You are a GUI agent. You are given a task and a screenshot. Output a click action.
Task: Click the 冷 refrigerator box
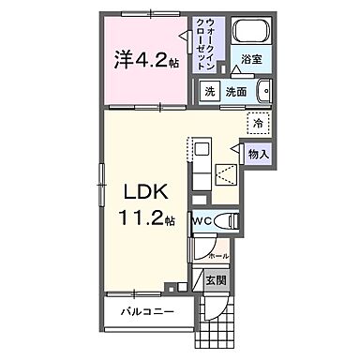click(x=256, y=122)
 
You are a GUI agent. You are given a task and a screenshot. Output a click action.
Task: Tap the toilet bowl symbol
click(x=226, y=221)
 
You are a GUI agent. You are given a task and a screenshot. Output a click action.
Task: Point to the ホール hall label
click(x=217, y=255)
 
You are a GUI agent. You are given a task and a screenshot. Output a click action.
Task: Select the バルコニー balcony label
click(x=144, y=311)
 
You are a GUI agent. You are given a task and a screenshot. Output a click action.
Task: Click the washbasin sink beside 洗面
click(x=262, y=92)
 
